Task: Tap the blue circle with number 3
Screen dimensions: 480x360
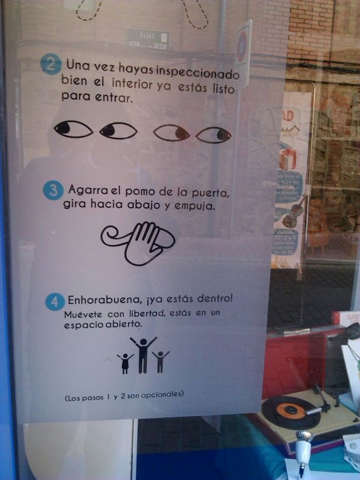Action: [53, 191]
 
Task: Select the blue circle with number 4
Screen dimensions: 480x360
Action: [55, 301]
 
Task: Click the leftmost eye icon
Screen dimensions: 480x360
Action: [73, 129]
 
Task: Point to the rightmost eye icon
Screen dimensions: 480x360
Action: [214, 135]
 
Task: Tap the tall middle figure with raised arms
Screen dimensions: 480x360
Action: [143, 353]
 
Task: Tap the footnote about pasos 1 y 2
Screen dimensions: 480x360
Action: [124, 395]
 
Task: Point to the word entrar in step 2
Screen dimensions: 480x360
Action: [114, 98]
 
